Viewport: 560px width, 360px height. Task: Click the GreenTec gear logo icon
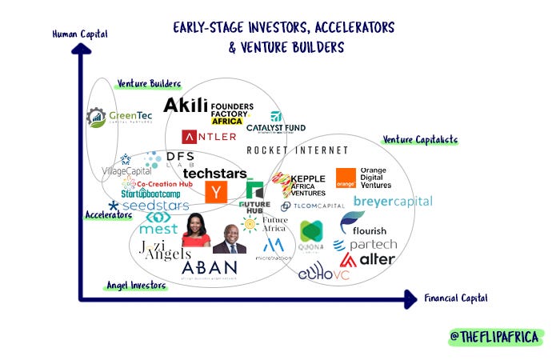point(96,118)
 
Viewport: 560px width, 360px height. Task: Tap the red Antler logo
point(209,136)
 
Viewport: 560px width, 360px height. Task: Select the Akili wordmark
point(185,106)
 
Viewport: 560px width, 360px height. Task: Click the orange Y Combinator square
point(215,192)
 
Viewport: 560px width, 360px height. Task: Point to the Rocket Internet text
point(297,150)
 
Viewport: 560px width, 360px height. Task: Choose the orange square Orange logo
point(346,178)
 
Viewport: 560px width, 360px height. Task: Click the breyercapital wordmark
point(392,201)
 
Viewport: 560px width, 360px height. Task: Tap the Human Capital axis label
point(79,34)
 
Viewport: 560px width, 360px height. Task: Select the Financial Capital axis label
point(456,298)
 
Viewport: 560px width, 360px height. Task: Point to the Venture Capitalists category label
point(420,140)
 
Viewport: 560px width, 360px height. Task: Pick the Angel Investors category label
point(136,285)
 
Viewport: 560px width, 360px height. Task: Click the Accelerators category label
point(108,215)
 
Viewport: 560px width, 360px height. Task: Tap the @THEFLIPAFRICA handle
point(496,336)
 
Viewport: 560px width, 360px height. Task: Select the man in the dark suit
point(230,238)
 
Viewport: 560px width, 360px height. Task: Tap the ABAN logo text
point(209,268)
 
